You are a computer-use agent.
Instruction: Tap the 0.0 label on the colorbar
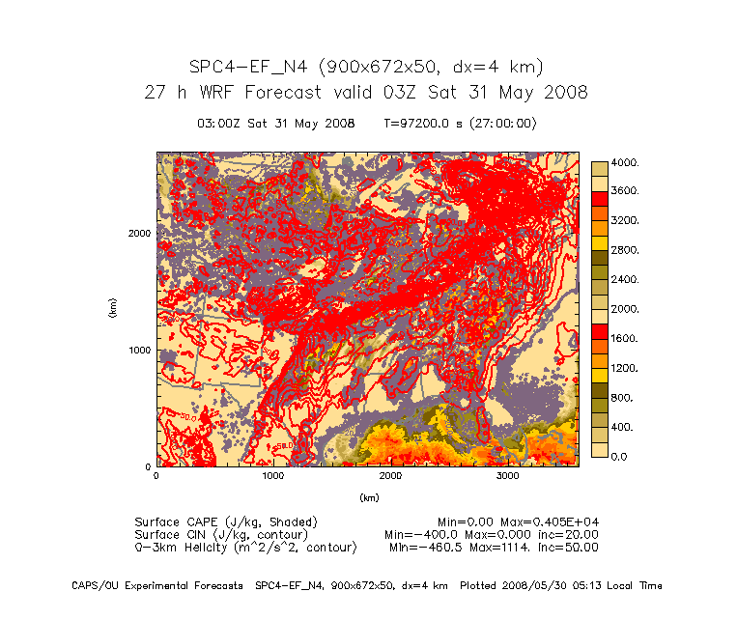click(619, 456)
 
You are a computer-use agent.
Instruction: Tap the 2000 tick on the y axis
click(139, 233)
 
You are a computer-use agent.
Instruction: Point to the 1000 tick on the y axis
click(139, 350)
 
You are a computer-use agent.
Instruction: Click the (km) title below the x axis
click(368, 498)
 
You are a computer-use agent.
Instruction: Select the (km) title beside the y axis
click(113, 309)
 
